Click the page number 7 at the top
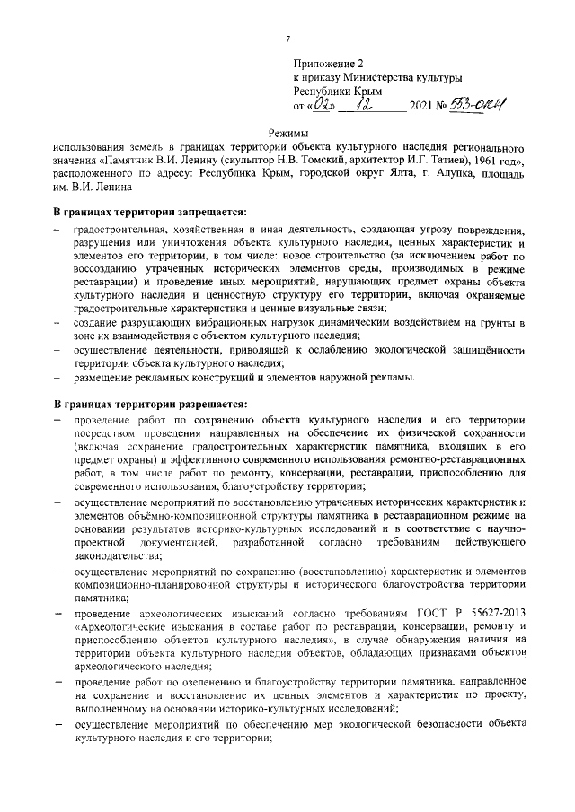tap(287, 38)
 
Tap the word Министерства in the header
tap(390, 78)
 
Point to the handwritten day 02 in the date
tap(321, 106)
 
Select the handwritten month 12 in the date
tap(371, 105)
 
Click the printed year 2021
tap(420, 107)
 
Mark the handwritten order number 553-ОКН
tap(477, 105)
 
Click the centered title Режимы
tap(287, 133)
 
